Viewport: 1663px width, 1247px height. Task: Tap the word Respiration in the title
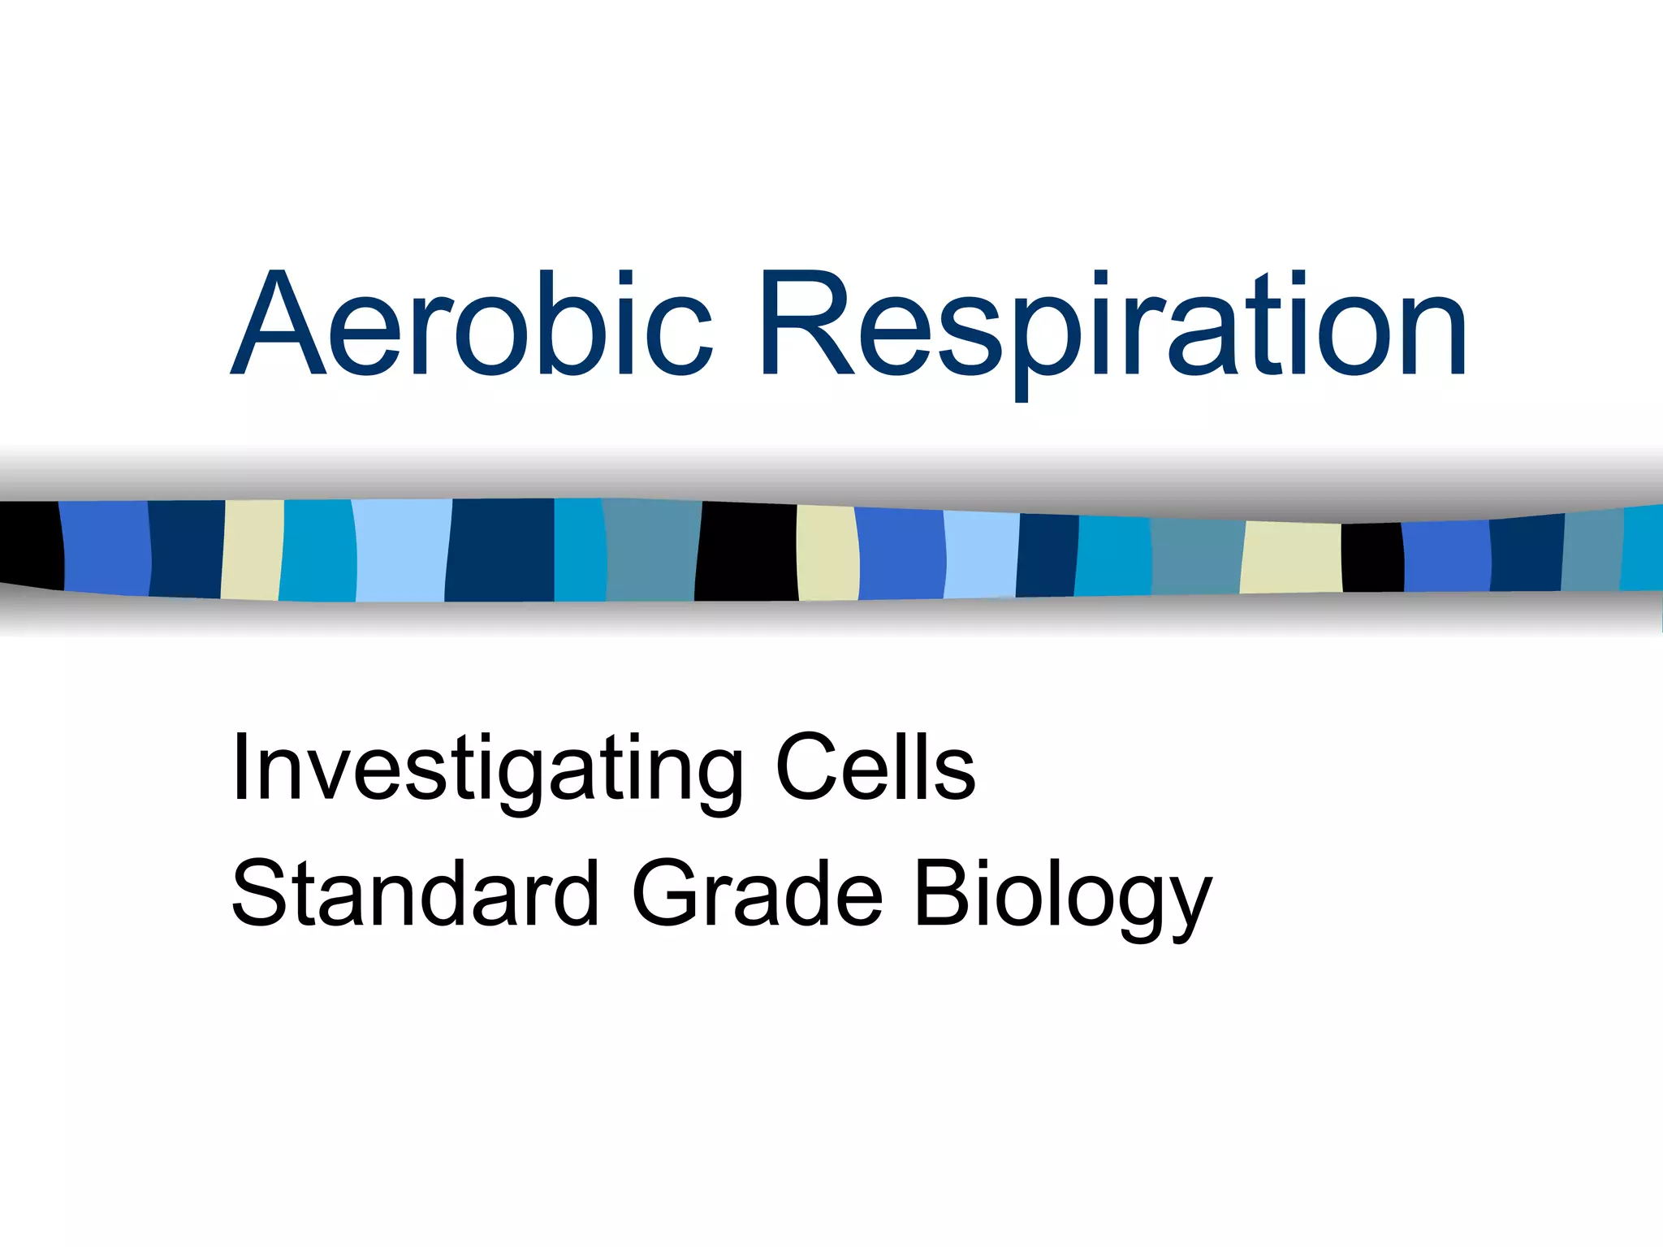point(1112,325)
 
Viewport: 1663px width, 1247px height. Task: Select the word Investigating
point(487,767)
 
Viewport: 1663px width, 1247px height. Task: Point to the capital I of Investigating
point(240,767)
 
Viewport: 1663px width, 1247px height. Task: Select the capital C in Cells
point(804,767)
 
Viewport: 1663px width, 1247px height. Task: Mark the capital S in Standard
point(261,893)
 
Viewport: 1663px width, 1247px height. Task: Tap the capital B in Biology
point(942,893)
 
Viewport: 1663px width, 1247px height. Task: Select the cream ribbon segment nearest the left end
point(252,550)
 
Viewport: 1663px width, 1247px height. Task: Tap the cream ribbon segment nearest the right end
point(1291,557)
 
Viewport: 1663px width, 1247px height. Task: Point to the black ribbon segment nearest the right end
point(1372,557)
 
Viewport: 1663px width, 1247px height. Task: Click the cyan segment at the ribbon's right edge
point(1643,547)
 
